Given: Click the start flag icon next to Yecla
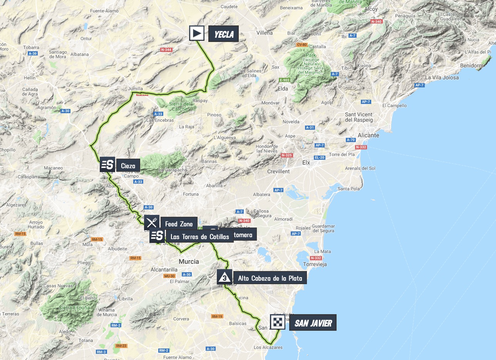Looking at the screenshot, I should coord(197,33).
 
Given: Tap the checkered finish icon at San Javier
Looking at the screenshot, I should coord(277,322).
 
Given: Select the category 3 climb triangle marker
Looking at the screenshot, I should coord(225,277).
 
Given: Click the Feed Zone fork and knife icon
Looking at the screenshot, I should coord(152,223).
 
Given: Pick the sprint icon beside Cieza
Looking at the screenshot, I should coord(107,164).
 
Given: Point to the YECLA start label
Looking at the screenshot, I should coord(223,34).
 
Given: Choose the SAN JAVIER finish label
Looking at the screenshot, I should coord(313,323).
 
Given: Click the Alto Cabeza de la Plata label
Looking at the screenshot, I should coord(270,278).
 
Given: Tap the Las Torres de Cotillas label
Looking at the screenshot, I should coord(199,236).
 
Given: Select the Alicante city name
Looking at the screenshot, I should coord(369,135).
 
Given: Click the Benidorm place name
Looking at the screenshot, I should coord(471,65).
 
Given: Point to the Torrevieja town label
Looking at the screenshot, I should coord(315,265).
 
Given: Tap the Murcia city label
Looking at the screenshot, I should coord(189,261).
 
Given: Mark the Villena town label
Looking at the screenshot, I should coord(265,33).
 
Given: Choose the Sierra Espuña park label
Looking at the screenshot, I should coord(77,308).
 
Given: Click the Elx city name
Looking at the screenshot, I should coord(306,162).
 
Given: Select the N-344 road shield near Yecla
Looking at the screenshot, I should coord(166,50).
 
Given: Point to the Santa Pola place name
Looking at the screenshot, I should coord(349,189).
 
